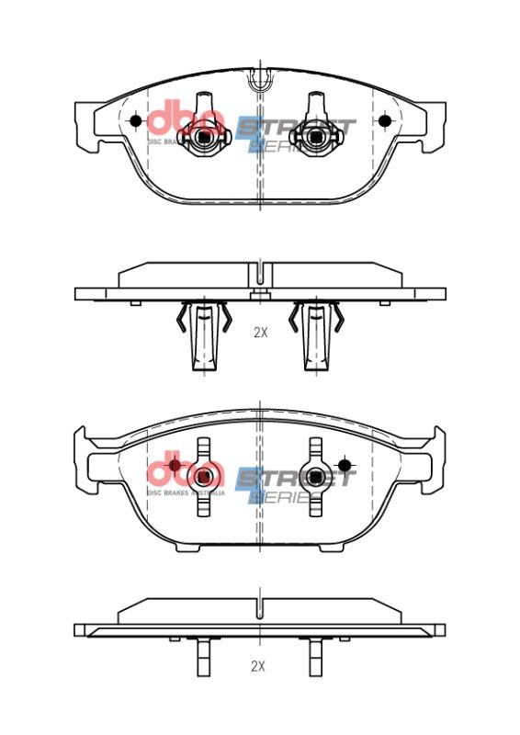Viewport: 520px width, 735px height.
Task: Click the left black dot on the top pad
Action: click(136, 120)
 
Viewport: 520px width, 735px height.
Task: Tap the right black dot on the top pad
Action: click(384, 120)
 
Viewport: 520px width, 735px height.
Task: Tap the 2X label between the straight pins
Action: click(260, 665)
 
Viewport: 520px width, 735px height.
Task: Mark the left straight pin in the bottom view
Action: click(203, 659)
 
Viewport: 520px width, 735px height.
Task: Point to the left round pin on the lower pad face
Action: click(203, 477)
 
